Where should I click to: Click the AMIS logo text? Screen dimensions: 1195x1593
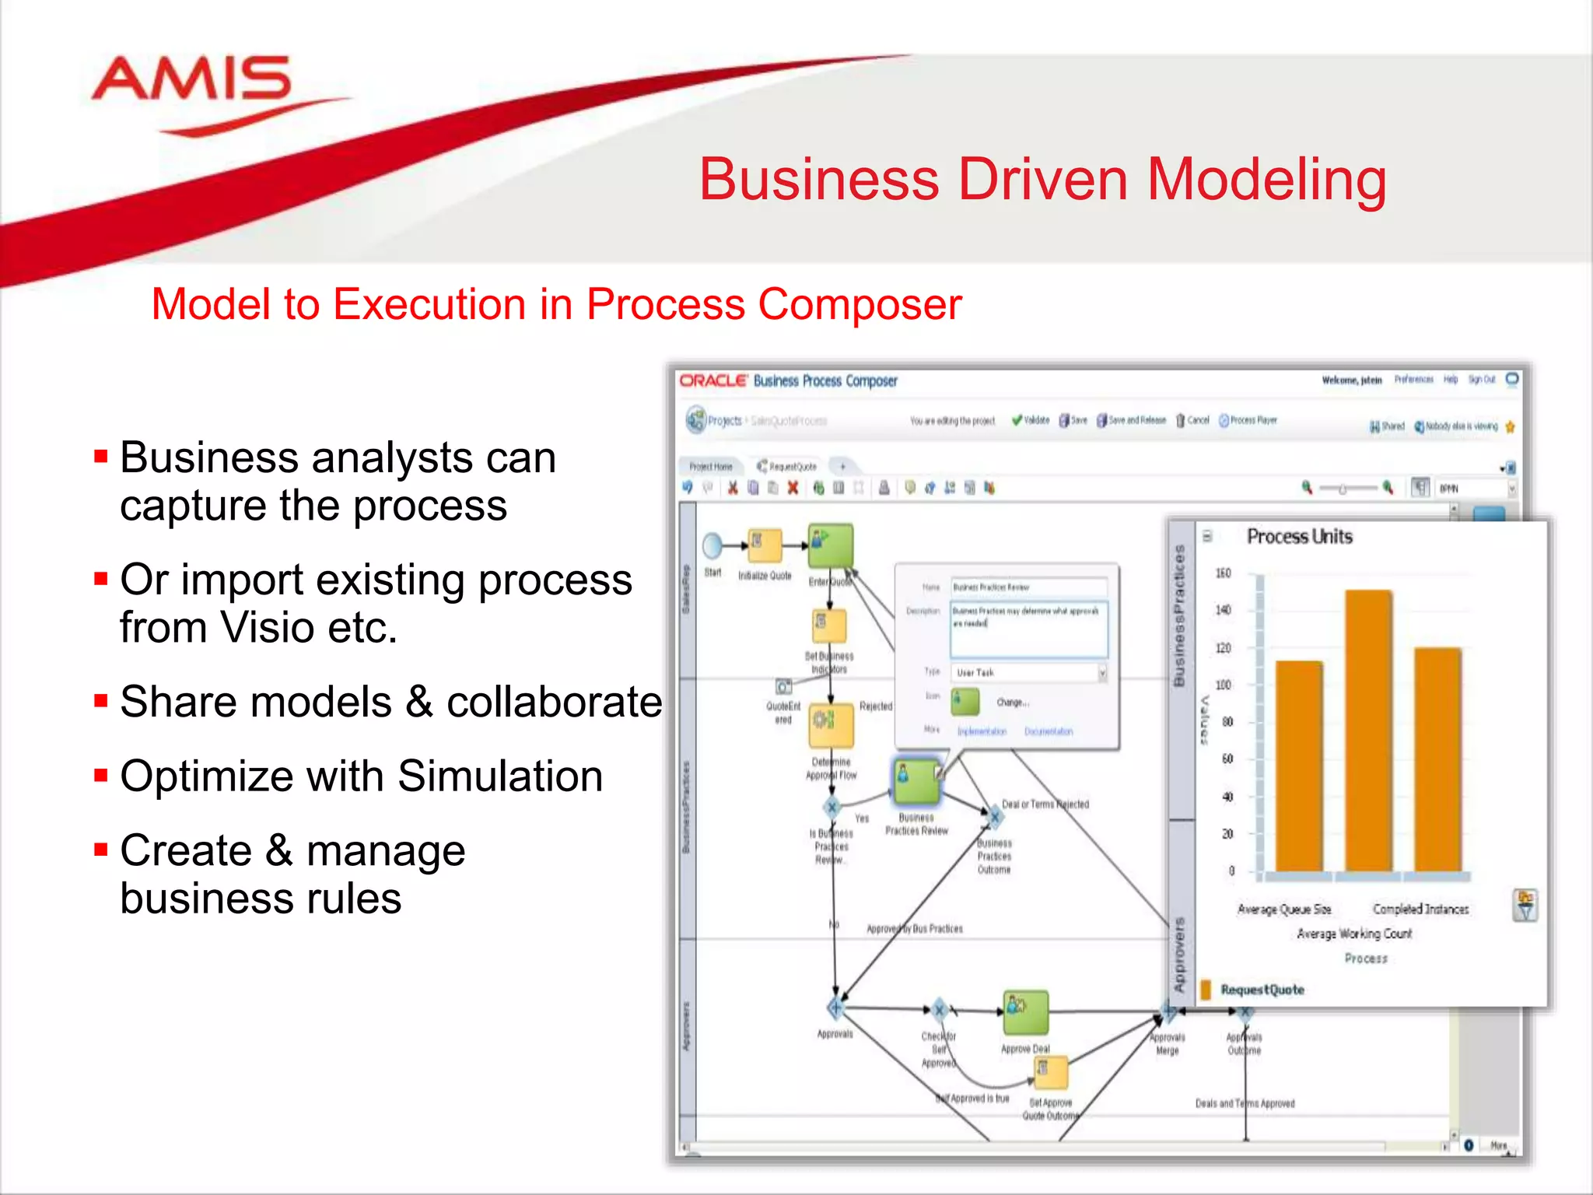(191, 79)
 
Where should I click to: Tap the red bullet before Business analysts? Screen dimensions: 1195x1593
(100, 456)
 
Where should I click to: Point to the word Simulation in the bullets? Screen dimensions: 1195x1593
(500, 776)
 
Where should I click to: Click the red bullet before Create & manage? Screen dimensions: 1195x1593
(100, 849)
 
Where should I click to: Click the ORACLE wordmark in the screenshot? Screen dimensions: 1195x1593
(712, 380)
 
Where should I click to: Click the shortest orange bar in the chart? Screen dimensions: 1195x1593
(1299, 766)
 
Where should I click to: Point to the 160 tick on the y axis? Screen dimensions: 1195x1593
(1223, 573)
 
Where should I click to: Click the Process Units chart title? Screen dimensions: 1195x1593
(1299, 537)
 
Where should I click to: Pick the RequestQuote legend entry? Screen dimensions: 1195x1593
(1262, 990)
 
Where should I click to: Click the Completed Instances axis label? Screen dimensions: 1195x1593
(1420, 909)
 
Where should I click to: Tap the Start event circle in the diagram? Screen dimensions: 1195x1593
(712, 546)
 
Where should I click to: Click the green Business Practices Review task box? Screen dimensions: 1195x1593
(916, 781)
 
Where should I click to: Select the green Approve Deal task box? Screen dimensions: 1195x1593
(1025, 1011)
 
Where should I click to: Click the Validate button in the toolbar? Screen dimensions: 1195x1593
(1031, 420)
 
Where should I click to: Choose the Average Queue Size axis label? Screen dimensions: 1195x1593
(1284, 909)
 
